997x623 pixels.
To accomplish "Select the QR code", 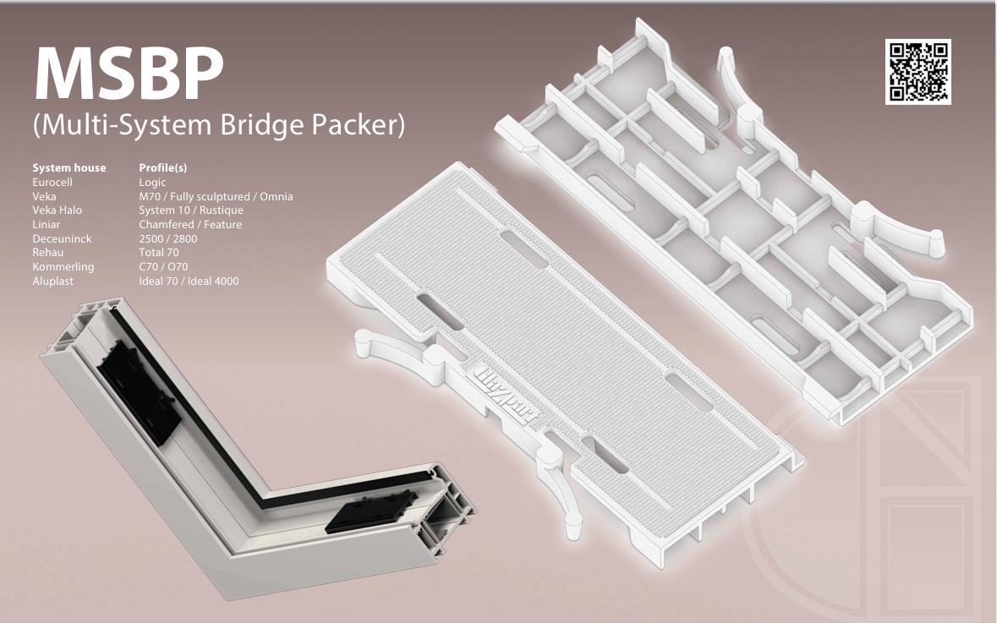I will (918, 72).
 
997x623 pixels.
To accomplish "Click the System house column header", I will (69, 168).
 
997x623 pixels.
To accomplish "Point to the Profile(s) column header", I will (162, 168).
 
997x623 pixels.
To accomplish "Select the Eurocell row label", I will (58, 182).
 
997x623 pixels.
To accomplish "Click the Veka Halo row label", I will (58, 210).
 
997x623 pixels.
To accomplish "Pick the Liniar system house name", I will (47, 224).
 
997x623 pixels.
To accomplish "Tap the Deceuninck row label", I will (62, 238).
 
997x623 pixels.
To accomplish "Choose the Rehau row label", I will (48, 253).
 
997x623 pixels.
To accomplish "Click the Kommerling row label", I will (63, 266).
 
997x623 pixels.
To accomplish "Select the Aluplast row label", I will (52, 281).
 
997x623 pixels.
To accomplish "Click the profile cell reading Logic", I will (152, 182).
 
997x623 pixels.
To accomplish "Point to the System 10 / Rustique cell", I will (190, 210).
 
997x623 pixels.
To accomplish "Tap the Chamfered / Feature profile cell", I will (189, 224).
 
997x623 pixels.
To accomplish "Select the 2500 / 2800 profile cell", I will (167, 238).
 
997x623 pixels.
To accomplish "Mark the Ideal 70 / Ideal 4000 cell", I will (189, 281).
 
